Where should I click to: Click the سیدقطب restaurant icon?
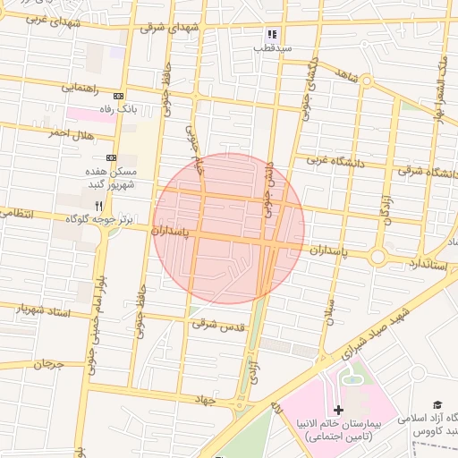pyautogui.click(x=267, y=35)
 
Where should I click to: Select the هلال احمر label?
pyautogui.click(x=71, y=133)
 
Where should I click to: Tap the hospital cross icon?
pyautogui.click(x=337, y=409)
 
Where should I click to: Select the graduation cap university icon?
pyautogui.click(x=437, y=407)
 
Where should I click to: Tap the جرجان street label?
pyautogui.click(x=50, y=364)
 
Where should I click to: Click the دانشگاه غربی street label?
pyautogui.click(x=326, y=161)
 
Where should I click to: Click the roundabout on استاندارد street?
pyautogui.click(x=377, y=258)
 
